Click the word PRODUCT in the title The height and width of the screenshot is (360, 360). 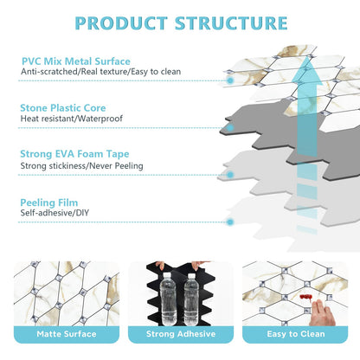tap(121, 23)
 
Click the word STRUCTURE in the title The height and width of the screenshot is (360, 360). tap(231, 23)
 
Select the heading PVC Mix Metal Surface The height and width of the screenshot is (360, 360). tap(76, 61)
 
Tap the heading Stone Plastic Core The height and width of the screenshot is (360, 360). tap(63, 108)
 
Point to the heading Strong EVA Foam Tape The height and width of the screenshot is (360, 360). tap(74, 154)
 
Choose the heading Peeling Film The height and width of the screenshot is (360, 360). tap(49, 202)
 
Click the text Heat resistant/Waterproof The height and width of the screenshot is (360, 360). tap(72, 119)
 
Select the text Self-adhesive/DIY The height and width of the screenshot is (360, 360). tap(55, 213)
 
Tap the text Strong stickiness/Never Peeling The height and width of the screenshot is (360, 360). tap(81, 166)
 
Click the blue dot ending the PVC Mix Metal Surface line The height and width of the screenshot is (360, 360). tap(230, 80)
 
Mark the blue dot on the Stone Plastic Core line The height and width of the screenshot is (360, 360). tap(230, 128)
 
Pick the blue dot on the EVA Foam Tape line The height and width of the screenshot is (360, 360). tap(230, 175)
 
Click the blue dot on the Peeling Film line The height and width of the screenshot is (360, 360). tap(230, 222)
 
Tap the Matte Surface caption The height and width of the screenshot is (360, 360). tap(67, 334)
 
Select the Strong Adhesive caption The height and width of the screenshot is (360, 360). tap(181, 334)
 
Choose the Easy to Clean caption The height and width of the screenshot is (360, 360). tap(296, 334)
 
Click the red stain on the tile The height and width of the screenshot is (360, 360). tap(305, 298)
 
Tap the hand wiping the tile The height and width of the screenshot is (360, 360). tap(323, 313)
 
